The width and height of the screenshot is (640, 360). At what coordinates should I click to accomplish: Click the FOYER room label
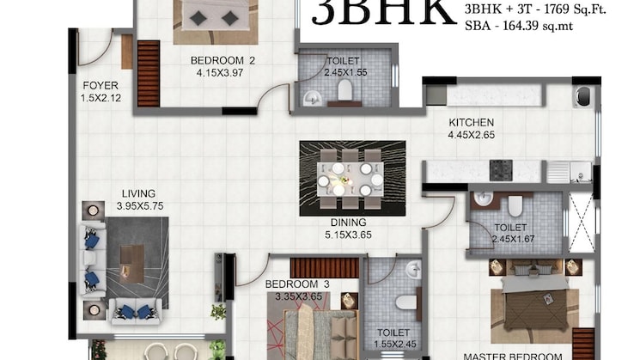coord(100,86)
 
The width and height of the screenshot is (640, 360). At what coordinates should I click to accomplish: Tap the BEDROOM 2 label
coord(223,60)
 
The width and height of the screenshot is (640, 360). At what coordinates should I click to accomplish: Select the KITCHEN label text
coord(471,122)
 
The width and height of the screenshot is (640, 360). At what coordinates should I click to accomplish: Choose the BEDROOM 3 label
coord(297,284)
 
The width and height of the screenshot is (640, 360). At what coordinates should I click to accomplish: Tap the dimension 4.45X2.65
coord(471,135)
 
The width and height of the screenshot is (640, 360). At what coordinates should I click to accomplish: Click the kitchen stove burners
coord(502,168)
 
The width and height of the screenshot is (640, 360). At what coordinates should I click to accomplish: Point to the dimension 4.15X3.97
coord(223,73)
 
